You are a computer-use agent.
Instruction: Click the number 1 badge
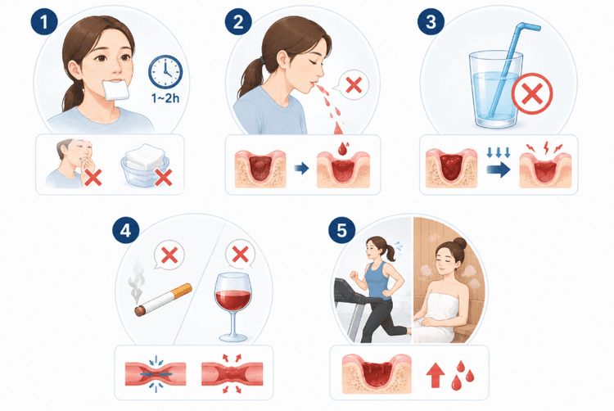point(44,21)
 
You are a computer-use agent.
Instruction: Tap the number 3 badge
point(431,21)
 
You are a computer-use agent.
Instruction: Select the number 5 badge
point(342,230)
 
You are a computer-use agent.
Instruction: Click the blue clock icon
point(165,72)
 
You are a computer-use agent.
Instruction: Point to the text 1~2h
point(165,98)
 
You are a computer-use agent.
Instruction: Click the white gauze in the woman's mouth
point(115,89)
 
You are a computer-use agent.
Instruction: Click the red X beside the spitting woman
point(354,85)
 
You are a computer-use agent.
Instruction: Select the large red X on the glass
point(532,93)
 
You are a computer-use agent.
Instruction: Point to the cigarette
point(163,300)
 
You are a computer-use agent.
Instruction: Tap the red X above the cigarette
point(169,255)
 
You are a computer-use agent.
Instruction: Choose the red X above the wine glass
point(241,255)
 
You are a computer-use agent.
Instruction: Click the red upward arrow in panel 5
point(436,375)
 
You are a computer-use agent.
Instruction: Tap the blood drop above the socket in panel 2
point(343,148)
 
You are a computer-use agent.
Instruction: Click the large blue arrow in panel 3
point(499,169)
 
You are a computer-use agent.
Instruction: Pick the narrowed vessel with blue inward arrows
point(156,374)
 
